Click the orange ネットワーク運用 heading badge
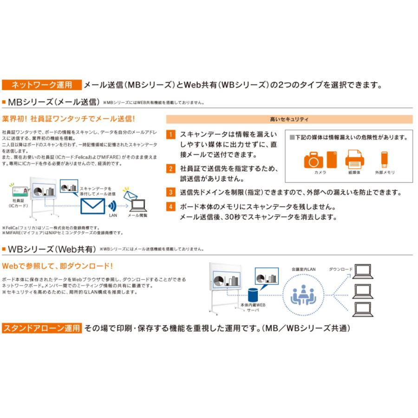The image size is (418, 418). (41, 85)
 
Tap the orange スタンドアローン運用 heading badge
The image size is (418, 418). (42, 327)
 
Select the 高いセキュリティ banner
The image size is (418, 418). (289, 119)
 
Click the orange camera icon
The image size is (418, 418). (314, 160)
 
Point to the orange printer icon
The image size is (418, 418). (354, 159)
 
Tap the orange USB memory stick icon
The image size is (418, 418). (384, 159)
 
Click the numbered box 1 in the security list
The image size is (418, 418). (171, 135)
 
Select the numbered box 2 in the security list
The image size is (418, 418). (171, 169)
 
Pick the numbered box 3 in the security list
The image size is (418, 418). (171, 192)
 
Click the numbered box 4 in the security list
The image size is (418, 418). (171, 207)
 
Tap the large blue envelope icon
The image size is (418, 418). (93, 206)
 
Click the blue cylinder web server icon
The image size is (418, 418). (253, 294)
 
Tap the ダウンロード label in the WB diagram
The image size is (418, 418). (340, 269)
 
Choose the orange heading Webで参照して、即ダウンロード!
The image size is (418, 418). (57, 266)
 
